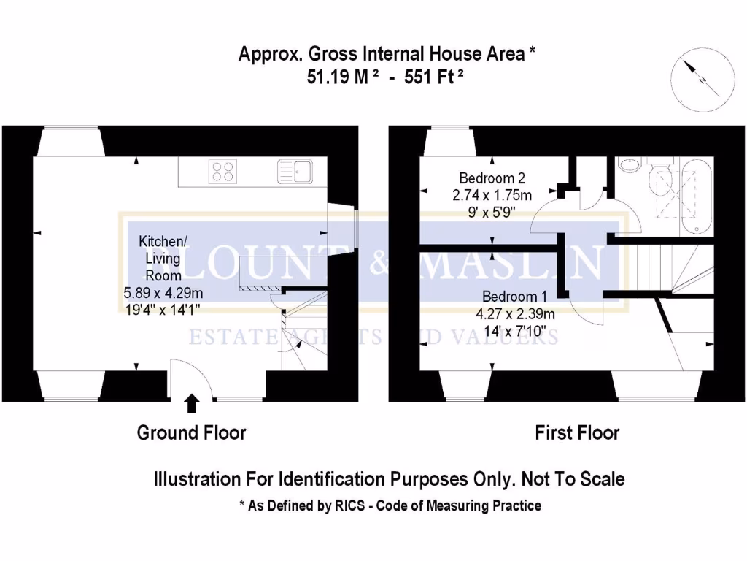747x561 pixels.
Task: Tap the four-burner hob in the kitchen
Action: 222,171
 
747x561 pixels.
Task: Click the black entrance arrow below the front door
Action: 191,403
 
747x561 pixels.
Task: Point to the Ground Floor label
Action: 191,432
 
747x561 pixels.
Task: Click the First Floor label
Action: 577,432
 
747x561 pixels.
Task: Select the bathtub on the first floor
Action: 696,196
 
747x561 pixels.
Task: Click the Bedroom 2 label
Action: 492,178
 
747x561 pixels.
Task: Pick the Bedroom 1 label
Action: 515,297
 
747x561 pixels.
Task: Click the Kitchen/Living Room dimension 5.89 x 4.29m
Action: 163,293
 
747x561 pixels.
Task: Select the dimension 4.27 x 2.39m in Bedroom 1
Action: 516,315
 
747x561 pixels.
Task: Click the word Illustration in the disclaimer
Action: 195,479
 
